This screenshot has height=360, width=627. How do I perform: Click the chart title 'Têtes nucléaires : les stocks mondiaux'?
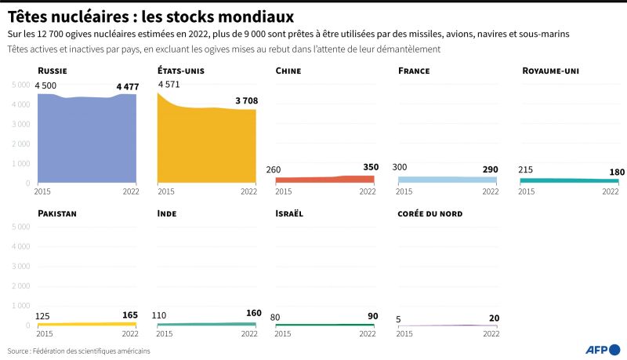(x=151, y=16)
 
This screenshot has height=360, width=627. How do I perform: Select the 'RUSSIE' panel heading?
(x=52, y=71)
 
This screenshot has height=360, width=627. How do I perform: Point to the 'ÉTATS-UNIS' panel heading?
(x=180, y=71)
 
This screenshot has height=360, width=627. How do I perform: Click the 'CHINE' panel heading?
(x=288, y=71)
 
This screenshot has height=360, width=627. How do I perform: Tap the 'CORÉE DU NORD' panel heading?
(x=430, y=213)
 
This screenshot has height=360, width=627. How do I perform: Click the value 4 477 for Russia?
(x=126, y=86)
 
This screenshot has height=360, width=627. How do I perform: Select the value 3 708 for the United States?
(x=246, y=100)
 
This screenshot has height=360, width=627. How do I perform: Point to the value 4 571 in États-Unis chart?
(x=169, y=84)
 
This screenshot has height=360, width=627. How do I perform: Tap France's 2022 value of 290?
(x=491, y=169)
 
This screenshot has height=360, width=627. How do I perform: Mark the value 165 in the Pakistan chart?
(x=130, y=315)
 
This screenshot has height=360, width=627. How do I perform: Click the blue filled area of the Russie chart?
(x=86, y=141)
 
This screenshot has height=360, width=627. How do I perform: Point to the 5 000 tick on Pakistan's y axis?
(x=19, y=227)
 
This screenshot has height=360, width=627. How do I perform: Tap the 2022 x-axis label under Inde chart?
(x=248, y=333)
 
